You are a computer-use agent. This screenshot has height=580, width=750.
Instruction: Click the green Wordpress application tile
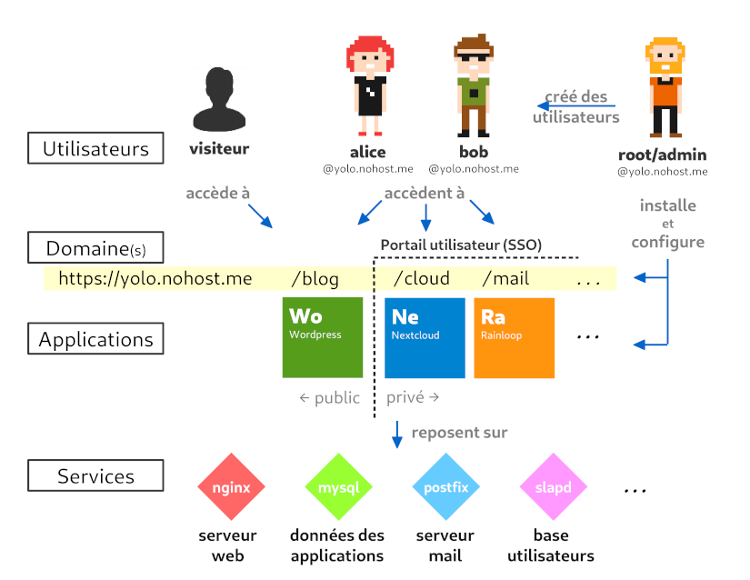[x=323, y=337]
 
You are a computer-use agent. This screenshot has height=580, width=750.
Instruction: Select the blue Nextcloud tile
[x=425, y=337]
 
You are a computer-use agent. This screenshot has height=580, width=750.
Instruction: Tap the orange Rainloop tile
[x=514, y=337]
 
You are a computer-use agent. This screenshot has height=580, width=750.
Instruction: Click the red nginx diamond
[x=231, y=488]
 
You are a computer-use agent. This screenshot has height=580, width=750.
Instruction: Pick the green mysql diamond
[x=338, y=488]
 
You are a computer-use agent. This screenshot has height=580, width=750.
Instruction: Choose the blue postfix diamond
[x=445, y=488]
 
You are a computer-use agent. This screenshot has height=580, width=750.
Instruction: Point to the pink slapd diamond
[x=553, y=488]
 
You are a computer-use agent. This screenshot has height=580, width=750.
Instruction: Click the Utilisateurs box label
[x=95, y=148]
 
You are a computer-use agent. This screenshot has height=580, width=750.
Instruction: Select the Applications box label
[x=95, y=339]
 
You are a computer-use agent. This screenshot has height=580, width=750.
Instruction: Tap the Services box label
[x=95, y=476]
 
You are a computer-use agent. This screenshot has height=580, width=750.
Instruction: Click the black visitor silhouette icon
[x=219, y=99]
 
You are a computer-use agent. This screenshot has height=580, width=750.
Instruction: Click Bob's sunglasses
[x=473, y=59]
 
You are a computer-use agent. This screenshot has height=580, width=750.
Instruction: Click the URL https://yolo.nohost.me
[x=155, y=279]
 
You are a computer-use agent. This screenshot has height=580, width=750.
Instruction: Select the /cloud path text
[x=422, y=279]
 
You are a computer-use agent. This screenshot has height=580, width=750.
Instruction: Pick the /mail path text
[x=505, y=279]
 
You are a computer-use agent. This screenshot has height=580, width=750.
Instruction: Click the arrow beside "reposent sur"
[x=396, y=434]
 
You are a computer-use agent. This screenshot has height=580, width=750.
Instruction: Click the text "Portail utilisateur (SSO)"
[x=461, y=245]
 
